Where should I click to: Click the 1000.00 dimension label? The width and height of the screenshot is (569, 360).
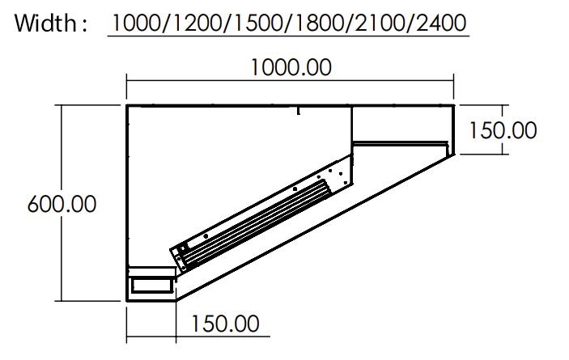coord(291,67)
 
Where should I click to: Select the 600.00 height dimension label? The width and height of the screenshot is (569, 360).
coord(62,204)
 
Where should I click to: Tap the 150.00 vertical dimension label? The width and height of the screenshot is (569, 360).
coord(503,129)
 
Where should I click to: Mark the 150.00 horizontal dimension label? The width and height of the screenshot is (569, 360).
coord(225,324)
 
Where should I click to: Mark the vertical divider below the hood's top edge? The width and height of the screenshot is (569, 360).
coord(352,125)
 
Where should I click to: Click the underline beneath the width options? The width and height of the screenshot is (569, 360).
coord(288,36)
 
